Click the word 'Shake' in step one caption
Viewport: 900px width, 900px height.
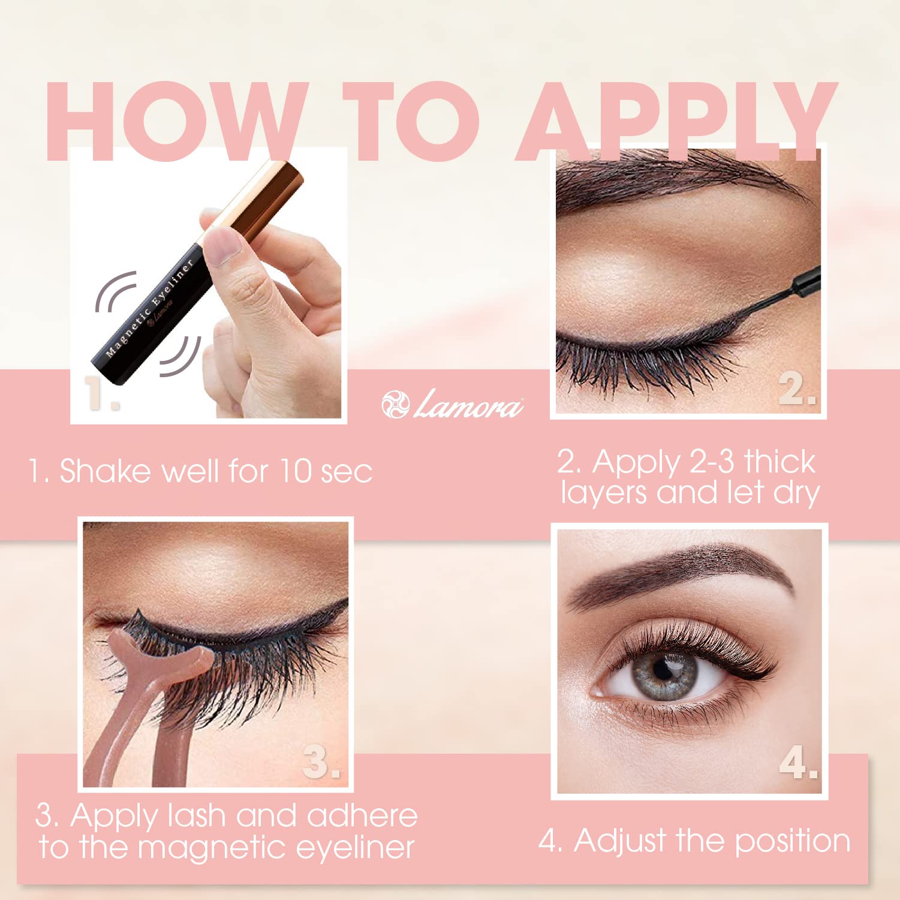105,470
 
